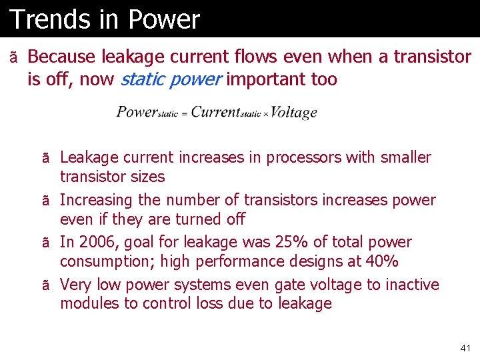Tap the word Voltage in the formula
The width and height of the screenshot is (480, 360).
[x=294, y=112]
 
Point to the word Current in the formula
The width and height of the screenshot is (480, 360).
[x=215, y=111]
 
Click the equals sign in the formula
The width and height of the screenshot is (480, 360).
[x=185, y=114]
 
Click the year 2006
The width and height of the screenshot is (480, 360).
[x=97, y=242]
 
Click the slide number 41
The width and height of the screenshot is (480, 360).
[x=465, y=348]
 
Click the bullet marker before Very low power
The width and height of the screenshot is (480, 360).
[x=45, y=285]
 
